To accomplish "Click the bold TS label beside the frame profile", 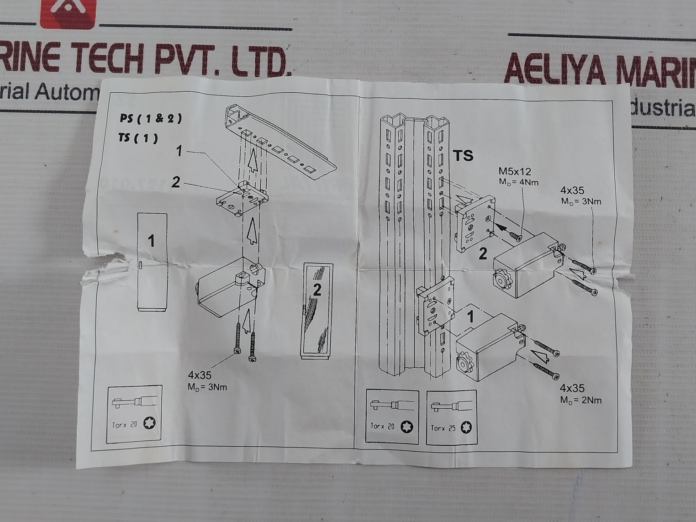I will point(463,156).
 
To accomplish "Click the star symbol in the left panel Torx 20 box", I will point(149,423).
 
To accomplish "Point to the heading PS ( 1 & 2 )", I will point(150,119).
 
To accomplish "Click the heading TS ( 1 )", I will point(138,138).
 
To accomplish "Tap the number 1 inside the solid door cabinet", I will point(152,241).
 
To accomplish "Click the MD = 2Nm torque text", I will point(581,401).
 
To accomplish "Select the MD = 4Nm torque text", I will point(519,183).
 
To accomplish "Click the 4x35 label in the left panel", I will point(200,375).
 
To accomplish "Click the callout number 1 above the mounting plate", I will point(179,150).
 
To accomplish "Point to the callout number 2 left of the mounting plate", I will point(175,183).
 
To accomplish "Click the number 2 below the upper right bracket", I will point(483,254).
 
